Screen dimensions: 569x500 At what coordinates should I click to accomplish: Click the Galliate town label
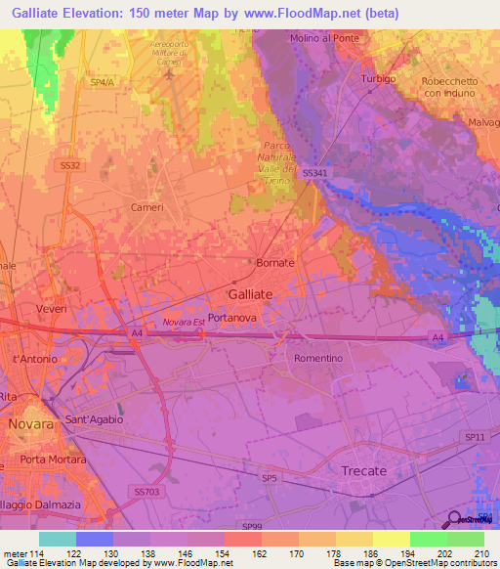[249, 293]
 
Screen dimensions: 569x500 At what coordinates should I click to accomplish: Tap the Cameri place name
[147, 208]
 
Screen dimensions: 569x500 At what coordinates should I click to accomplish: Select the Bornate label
[274, 264]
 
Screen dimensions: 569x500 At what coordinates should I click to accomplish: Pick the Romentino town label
[318, 358]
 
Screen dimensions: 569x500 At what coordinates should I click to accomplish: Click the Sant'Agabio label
[93, 419]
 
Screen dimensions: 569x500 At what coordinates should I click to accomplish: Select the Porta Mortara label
[53, 460]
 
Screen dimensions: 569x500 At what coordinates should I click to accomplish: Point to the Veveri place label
[52, 309]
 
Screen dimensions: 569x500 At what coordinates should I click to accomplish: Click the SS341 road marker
[316, 173]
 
